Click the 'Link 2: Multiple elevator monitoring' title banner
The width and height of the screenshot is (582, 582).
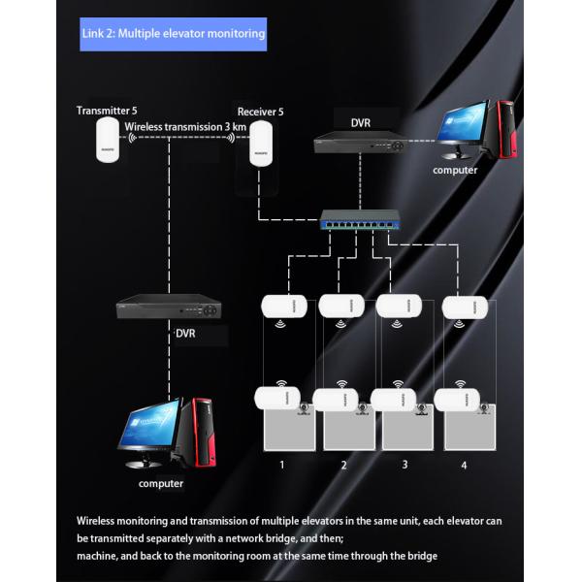point(173,34)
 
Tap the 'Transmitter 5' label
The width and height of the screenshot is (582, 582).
point(100,111)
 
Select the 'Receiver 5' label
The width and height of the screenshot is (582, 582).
point(261,112)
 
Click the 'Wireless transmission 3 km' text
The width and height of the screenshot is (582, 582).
point(184,127)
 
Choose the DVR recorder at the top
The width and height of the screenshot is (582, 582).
point(359,143)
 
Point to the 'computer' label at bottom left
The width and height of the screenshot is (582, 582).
point(161,482)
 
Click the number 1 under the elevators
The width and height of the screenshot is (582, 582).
point(282,466)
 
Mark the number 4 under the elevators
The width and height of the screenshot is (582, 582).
point(464,466)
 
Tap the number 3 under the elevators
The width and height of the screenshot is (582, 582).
point(404,466)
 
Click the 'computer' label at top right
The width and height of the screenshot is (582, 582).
point(455,170)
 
